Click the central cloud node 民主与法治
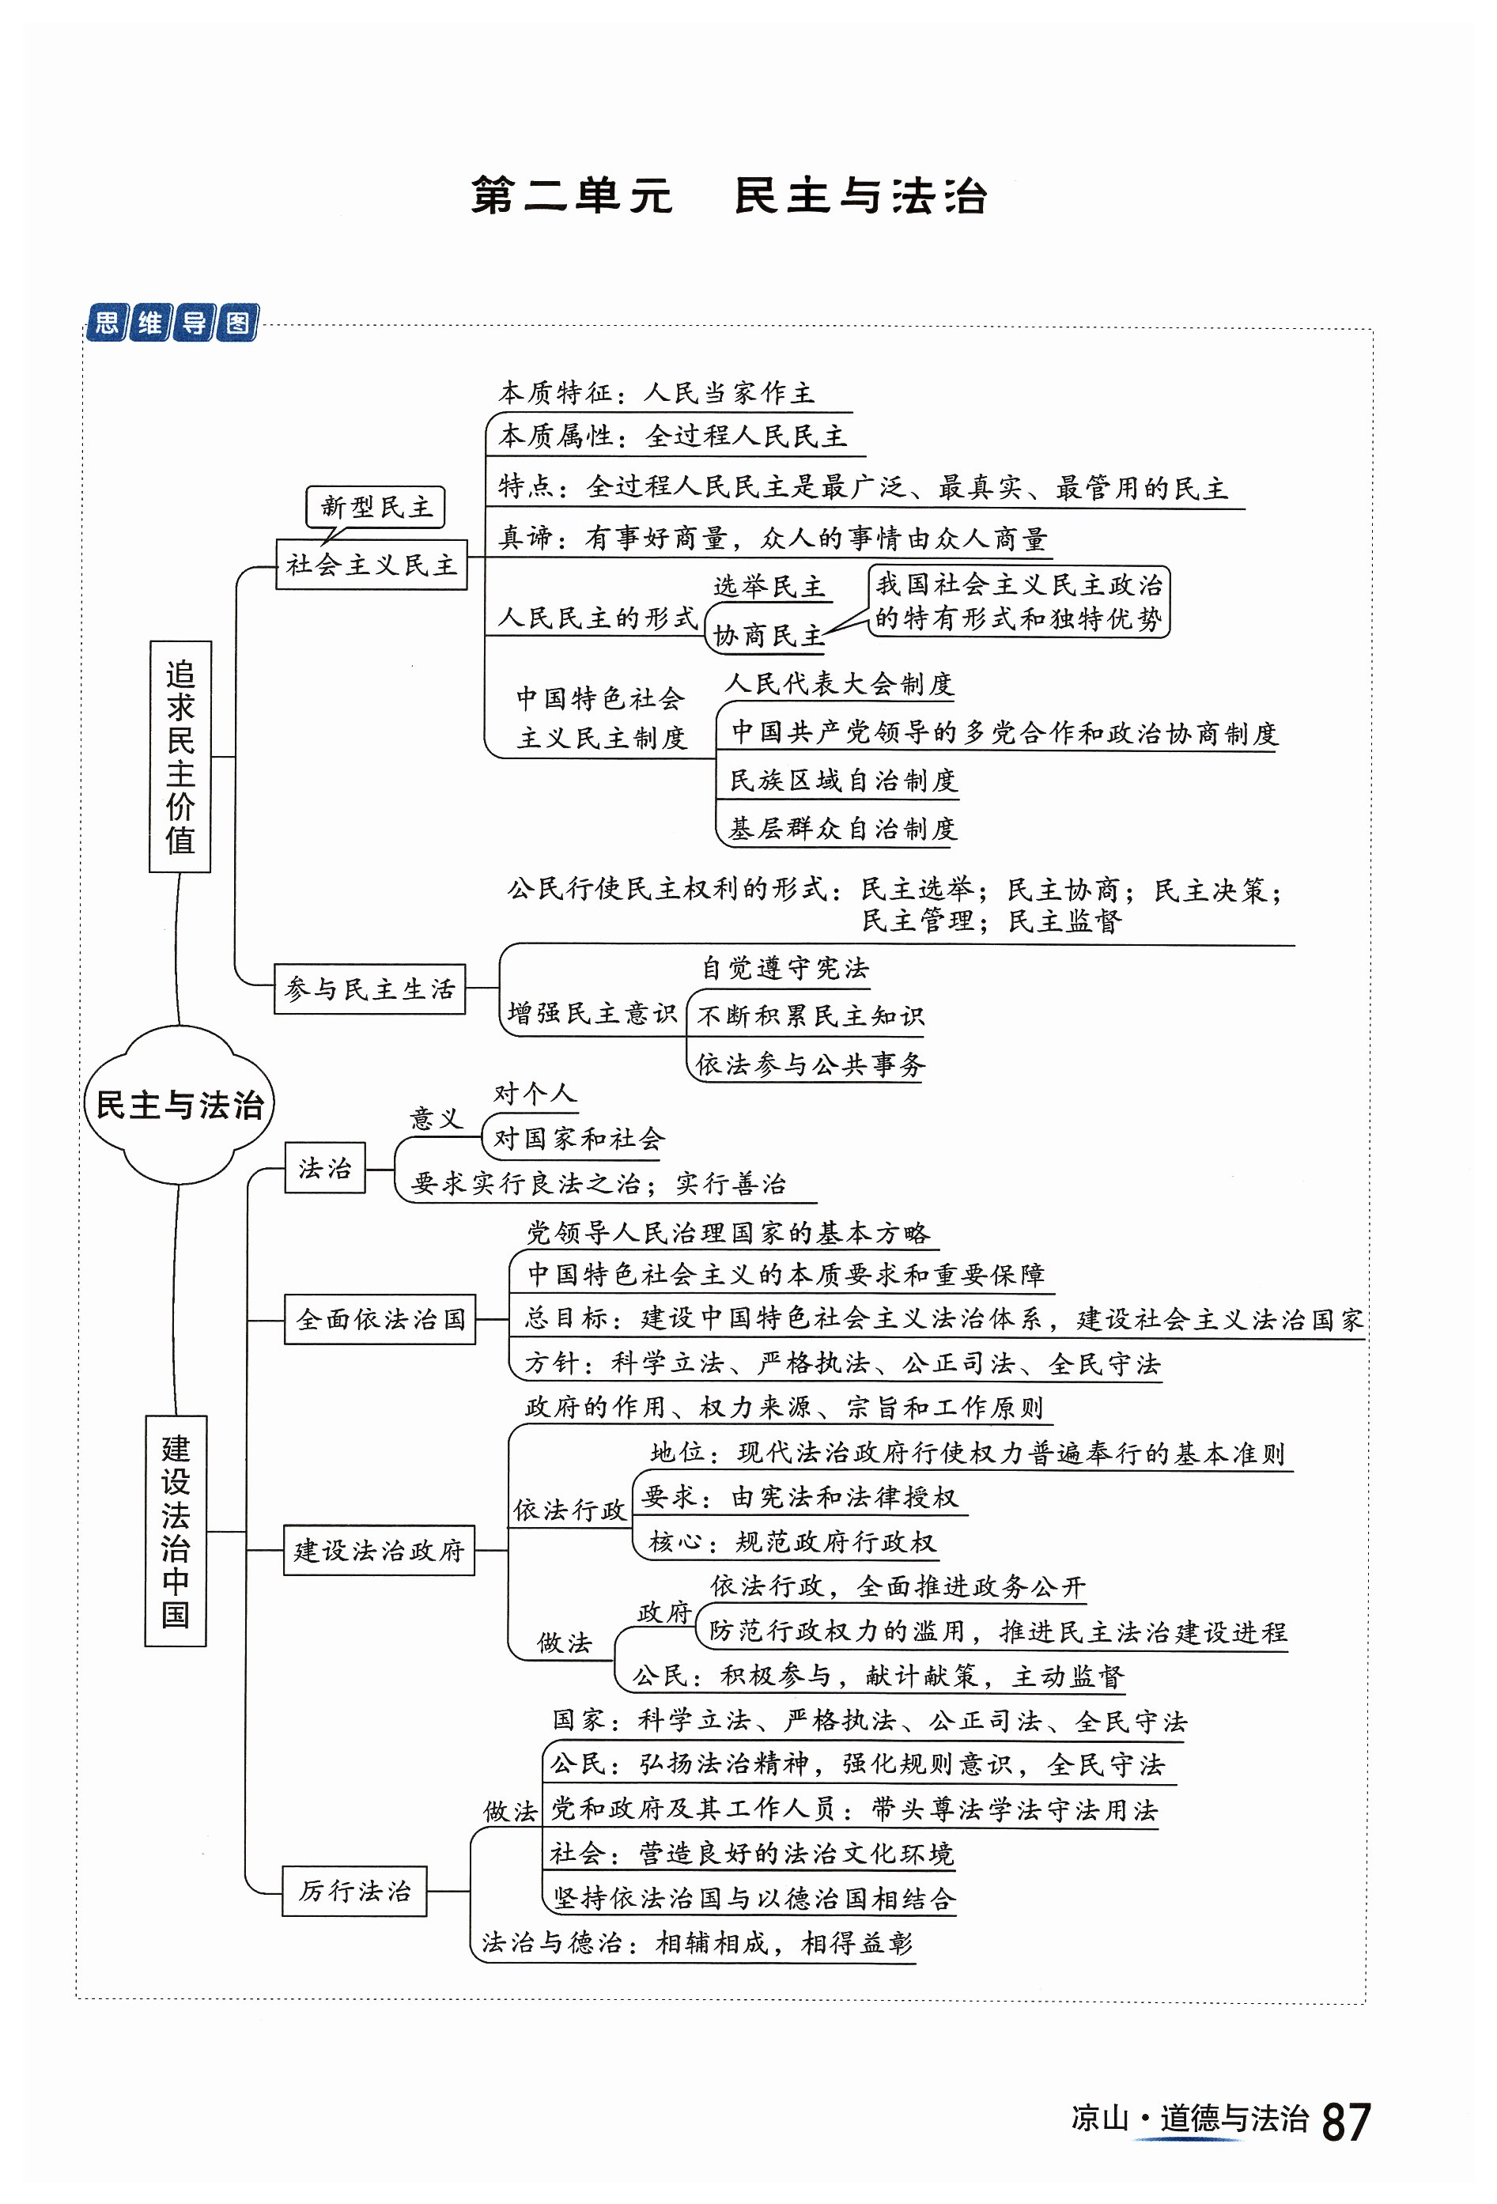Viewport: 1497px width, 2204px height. pyautogui.click(x=180, y=1105)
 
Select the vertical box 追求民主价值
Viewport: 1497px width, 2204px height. pyautogui.click(x=180, y=756)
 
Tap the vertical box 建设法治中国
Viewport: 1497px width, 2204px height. pyautogui.click(x=176, y=1531)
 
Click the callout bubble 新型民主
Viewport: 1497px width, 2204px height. pyautogui.click(x=376, y=506)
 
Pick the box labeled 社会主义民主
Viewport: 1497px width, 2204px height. pyautogui.click(x=372, y=565)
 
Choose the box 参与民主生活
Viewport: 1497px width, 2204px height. pyautogui.click(x=370, y=989)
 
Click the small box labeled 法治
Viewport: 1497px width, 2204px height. pyautogui.click(x=325, y=1167)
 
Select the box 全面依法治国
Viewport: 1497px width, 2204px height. pyautogui.click(x=380, y=1319)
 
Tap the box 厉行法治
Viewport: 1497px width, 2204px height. pyautogui.click(x=354, y=1891)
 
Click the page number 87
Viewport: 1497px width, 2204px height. pyautogui.click(x=1345, y=2123)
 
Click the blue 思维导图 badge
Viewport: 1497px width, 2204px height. pyautogui.click(x=172, y=323)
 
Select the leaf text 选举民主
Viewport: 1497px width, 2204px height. pyautogui.click(x=769, y=587)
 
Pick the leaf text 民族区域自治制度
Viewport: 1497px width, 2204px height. pyautogui.click(x=843, y=781)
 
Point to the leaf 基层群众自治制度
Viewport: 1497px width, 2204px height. pyautogui.click(x=842, y=829)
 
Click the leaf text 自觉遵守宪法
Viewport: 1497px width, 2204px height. pyautogui.click(x=785, y=968)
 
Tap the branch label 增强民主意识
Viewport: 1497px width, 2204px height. pyautogui.click(x=592, y=1013)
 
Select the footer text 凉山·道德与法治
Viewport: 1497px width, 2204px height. pyautogui.click(x=1190, y=2119)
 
